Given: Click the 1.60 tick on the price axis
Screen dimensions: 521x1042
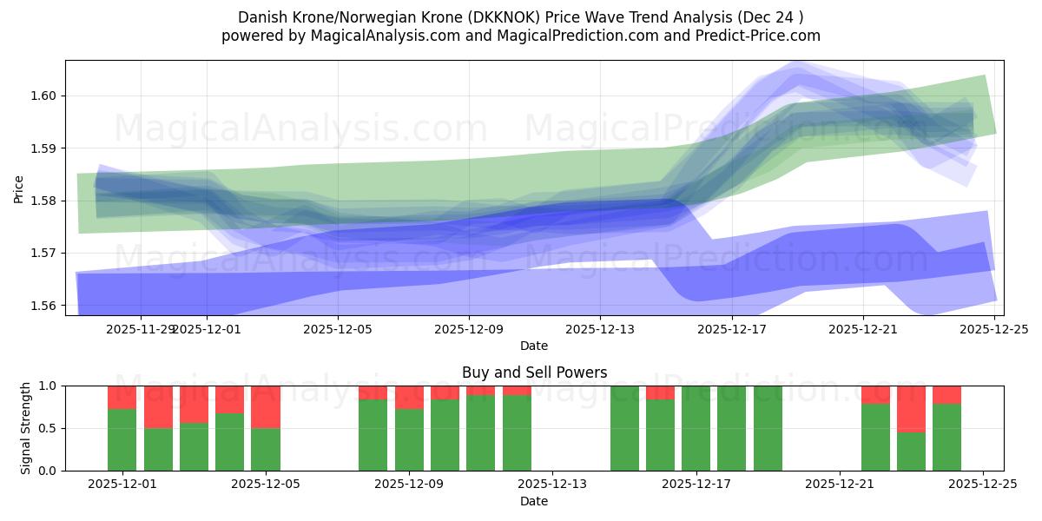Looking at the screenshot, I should click(43, 96).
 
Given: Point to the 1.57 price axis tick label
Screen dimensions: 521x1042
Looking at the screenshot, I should click(43, 253).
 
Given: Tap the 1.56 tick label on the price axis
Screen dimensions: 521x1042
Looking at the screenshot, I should click(43, 306).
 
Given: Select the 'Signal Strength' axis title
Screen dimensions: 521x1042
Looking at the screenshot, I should click(26, 427).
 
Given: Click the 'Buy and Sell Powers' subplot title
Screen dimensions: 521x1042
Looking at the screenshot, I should click(534, 373).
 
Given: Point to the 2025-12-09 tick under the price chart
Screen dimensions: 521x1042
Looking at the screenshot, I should click(469, 329).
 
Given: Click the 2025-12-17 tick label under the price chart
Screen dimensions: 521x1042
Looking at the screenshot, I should click(731, 329).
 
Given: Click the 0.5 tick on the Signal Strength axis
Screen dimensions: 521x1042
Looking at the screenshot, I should click(48, 428).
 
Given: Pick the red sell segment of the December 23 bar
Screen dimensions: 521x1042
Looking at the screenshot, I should click(911, 408).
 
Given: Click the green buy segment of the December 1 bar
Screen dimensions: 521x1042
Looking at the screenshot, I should click(122, 439).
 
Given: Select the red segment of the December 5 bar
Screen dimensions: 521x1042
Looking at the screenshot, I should click(266, 406).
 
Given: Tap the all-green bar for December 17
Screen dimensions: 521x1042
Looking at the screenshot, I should click(696, 428).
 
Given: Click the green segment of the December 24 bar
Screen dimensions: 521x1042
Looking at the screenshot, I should click(946, 437).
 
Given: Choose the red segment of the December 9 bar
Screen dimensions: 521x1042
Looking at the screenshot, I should click(409, 397).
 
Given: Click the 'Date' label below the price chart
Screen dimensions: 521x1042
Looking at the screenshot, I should click(534, 346).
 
